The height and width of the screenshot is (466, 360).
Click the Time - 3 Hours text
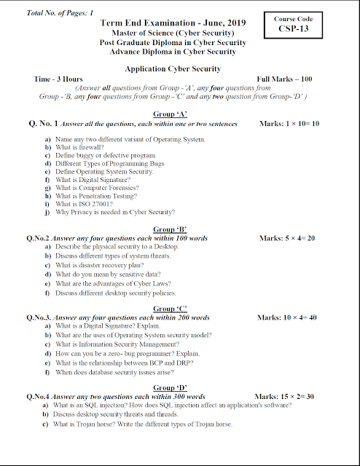click(x=58, y=79)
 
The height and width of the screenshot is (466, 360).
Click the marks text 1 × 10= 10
click(x=292, y=124)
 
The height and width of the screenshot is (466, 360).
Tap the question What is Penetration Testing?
click(x=97, y=196)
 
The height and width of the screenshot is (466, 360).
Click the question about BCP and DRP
click(x=125, y=362)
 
